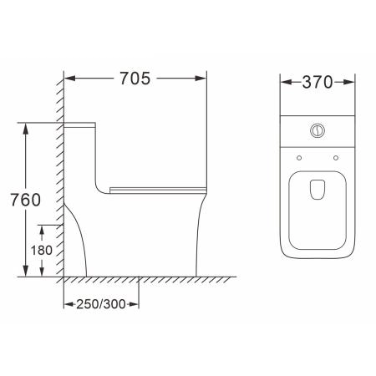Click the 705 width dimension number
(135, 79)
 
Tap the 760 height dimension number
(26, 200)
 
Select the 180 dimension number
(42, 250)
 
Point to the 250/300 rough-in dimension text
(101, 304)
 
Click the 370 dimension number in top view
(318, 82)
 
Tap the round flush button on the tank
(318, 130)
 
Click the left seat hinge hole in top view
(299, 158)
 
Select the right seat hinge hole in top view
(336, 158)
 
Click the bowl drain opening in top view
(318, 190)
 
